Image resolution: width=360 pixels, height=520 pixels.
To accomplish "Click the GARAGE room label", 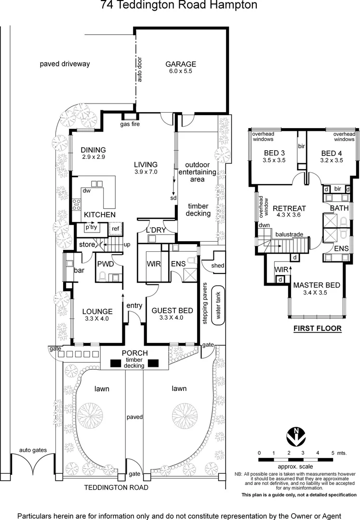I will [181, 64].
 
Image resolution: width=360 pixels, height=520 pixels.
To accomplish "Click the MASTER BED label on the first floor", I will [316, 285].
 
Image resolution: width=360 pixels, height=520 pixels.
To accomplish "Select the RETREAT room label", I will [289, 208].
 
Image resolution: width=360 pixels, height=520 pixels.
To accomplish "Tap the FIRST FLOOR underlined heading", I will [318, 329].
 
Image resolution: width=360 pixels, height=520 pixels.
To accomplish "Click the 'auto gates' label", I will [33, 450].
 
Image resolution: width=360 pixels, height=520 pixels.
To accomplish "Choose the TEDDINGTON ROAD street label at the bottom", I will [116, 487].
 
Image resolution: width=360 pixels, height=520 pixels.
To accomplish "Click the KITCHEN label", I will [100, 214].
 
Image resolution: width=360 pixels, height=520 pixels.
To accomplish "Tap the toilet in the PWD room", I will [102, 276].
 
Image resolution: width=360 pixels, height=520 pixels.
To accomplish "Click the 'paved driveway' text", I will [65, 64].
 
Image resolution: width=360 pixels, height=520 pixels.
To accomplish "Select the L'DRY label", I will [156, 230].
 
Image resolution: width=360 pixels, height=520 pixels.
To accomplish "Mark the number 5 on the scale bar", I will [333, 453].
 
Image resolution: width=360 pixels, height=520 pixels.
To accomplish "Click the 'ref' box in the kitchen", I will [116, 229].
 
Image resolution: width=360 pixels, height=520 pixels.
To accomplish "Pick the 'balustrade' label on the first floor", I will [289, 234].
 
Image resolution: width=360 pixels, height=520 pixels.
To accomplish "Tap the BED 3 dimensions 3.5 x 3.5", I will [275, 160].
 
